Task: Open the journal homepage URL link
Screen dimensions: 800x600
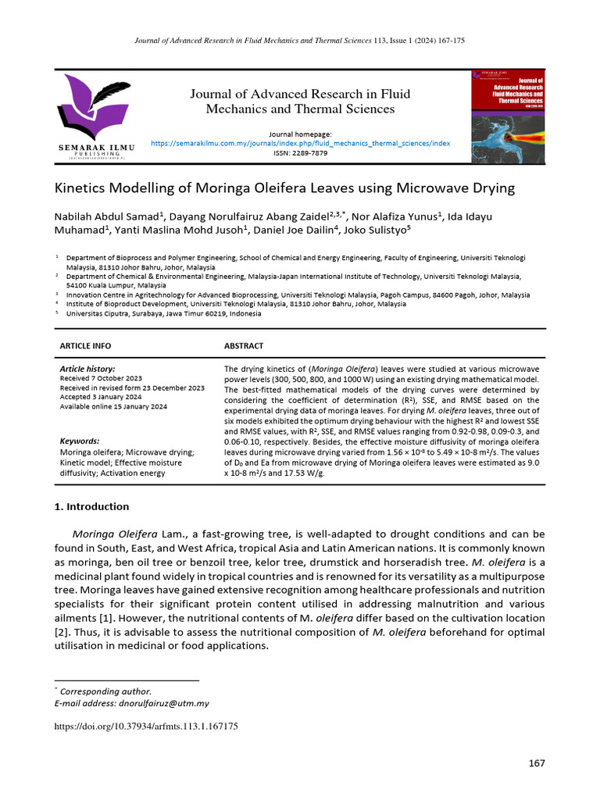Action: (300, 144)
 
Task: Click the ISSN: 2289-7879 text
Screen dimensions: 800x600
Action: (300, 153)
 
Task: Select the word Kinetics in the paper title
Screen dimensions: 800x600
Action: (77, 188)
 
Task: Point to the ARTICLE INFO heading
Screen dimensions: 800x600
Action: (85, 345)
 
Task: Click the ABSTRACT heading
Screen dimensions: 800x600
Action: (244, 345)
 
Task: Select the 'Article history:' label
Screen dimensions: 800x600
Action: (87, 369)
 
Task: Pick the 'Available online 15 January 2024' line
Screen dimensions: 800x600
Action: (113, 406)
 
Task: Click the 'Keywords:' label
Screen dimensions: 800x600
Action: (80, 441)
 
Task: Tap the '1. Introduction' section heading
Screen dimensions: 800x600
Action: (91, 506)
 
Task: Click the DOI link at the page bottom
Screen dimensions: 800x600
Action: (145, 726)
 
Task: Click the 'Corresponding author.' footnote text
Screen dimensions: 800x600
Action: (105, 691)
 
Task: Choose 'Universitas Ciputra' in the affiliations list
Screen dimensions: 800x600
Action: (98, 313)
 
